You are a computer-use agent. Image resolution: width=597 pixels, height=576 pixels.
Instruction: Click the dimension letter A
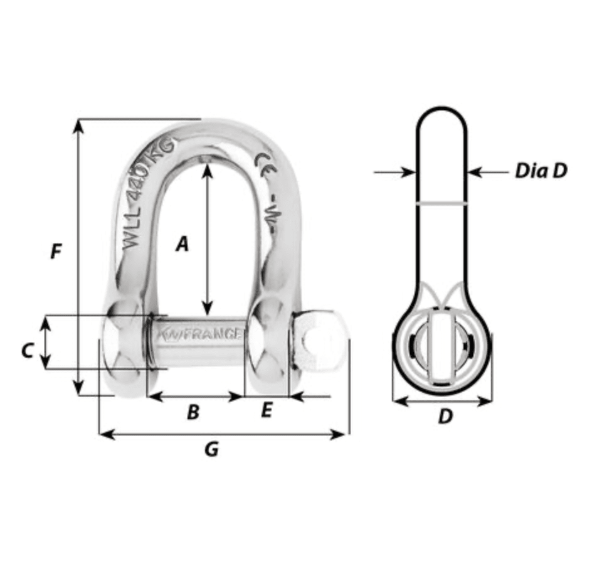tap(182, 243)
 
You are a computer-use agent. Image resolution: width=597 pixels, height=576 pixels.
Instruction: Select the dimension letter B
tap(193, 412)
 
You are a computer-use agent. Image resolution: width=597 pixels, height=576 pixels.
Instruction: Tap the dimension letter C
tap(26, 351)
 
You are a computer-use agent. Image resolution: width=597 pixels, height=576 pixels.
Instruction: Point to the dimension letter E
tap(267, 411)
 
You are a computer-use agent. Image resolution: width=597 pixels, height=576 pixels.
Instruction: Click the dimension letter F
tap(56, 252)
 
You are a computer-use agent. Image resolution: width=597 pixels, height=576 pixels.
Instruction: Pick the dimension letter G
tap(212, 449)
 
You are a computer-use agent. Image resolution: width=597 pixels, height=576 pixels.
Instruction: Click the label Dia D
tap(541, 171)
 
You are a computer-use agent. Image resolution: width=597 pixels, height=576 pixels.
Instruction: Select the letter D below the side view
tap(445, 417)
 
